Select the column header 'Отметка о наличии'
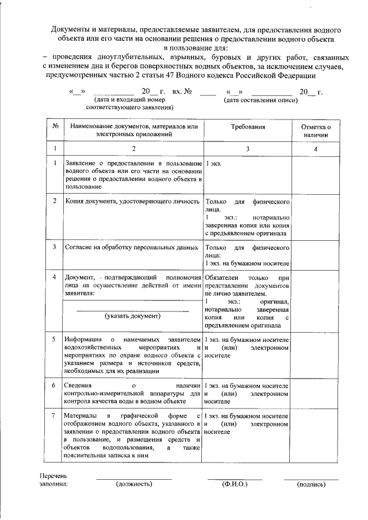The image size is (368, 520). (316, 130)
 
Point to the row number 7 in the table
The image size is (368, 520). (55, 415)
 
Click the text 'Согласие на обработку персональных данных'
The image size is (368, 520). (132, 247)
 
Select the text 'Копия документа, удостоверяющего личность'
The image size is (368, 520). (132, 202)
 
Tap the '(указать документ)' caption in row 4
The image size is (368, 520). (132, 315)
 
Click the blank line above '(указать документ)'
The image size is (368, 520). (132, 310)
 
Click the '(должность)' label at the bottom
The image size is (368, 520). (134, 484)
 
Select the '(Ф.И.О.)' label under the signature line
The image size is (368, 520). (235, 484)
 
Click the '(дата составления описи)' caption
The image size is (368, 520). (260, 100)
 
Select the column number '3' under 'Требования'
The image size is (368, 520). (248, 149)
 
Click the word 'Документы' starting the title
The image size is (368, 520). (70, 29)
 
